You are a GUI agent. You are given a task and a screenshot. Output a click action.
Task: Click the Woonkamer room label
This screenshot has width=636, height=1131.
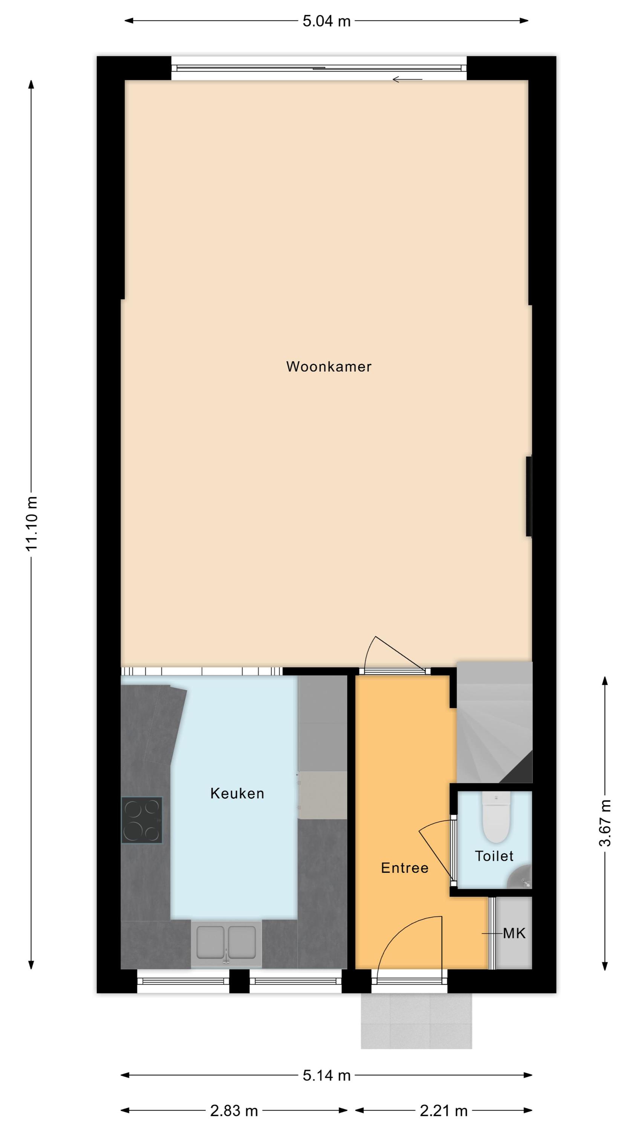click(x=329, y=366)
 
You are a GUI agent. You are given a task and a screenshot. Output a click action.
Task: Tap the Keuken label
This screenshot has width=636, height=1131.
click(x=237, y=793)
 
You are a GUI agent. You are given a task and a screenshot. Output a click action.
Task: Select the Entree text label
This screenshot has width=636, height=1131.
click(x=405, y=867)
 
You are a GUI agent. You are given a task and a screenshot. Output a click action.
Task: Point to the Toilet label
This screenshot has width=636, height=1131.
click(x=494, y=856)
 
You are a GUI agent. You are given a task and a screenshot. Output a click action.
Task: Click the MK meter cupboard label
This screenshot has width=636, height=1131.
click(x=514, y=933)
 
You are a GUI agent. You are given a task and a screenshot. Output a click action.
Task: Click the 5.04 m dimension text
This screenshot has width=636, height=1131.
click(x=327, y=21)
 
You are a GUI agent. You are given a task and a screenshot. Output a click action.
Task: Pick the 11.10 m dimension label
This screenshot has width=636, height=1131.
click(x=32, y=523)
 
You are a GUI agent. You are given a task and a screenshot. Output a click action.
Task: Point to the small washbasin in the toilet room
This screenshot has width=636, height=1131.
click(x=520, y=877)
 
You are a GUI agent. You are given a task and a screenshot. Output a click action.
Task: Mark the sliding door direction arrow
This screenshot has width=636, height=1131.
click(x=407, y=80)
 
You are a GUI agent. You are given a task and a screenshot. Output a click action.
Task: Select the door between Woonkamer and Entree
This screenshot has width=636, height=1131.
click(x=394, y=654)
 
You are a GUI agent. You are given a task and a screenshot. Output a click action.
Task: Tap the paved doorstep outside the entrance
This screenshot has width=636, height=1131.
click(x=416, y=1021)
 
